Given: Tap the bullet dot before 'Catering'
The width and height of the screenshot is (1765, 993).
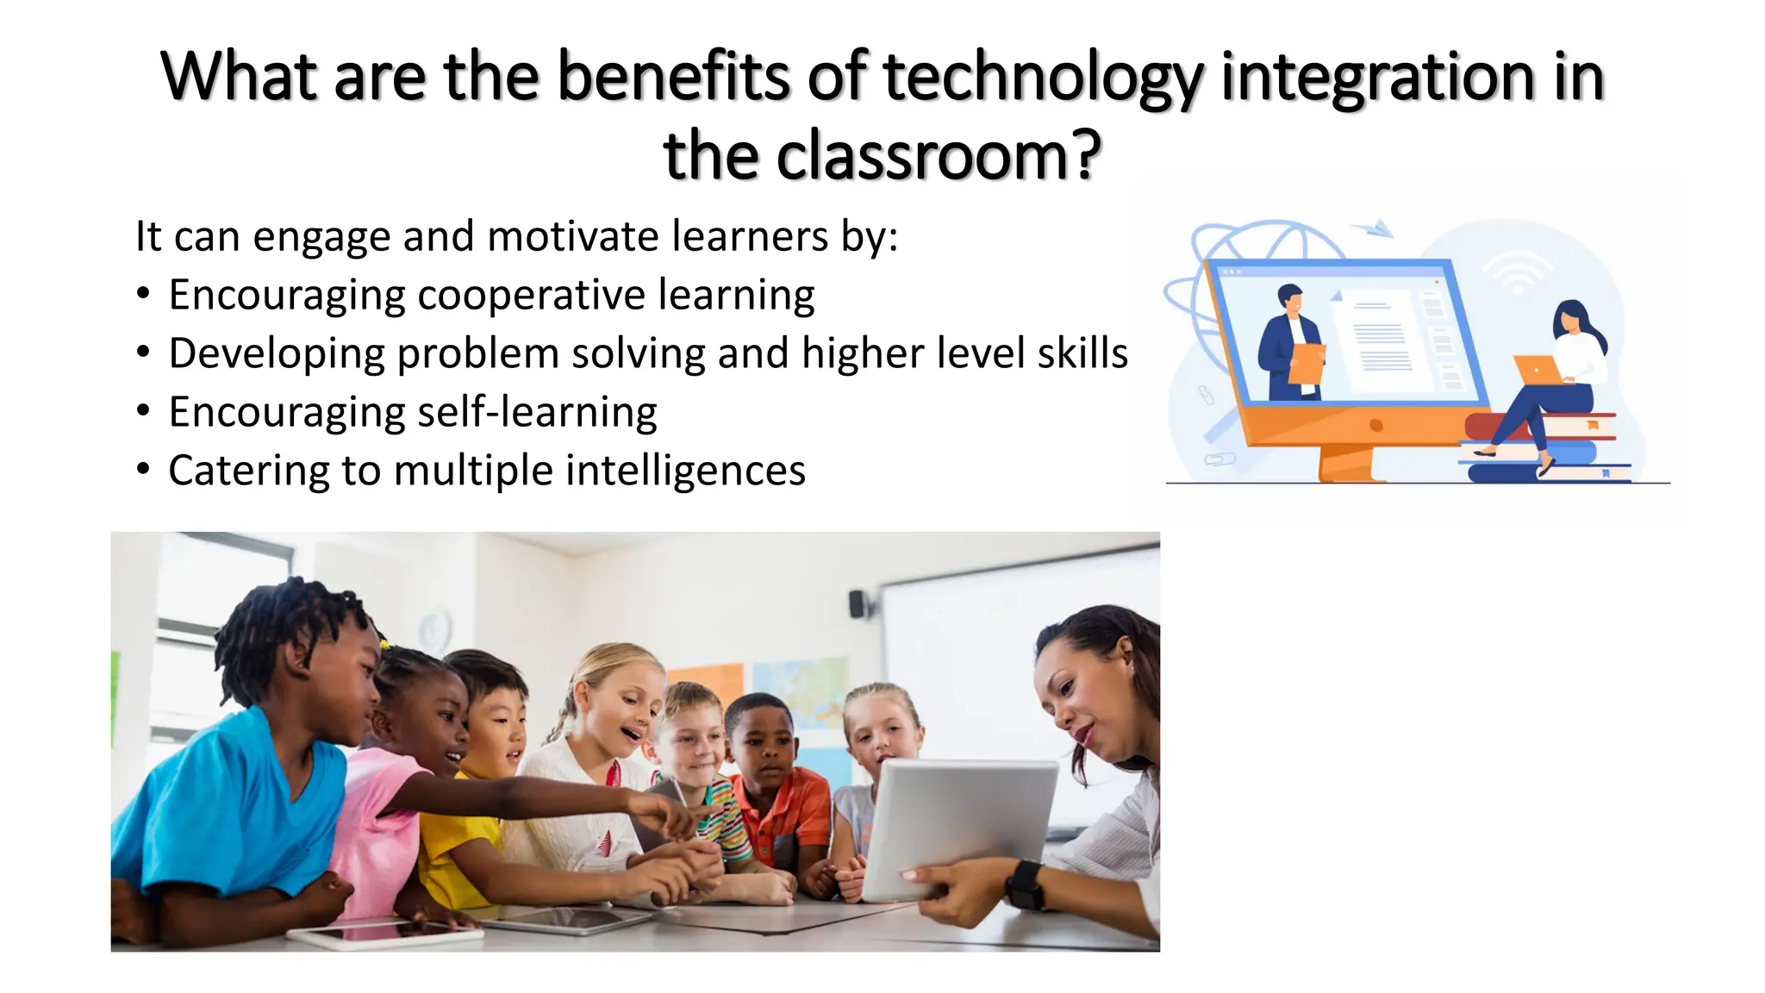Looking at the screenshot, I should (144, 470).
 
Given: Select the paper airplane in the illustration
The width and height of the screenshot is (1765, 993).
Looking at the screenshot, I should (1374, 228).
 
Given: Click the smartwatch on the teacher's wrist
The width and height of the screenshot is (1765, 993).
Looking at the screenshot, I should (1024, 884).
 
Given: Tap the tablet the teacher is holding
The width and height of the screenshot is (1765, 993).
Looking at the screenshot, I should (957, 827).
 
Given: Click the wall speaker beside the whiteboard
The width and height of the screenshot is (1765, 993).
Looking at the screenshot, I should (856, 603).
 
